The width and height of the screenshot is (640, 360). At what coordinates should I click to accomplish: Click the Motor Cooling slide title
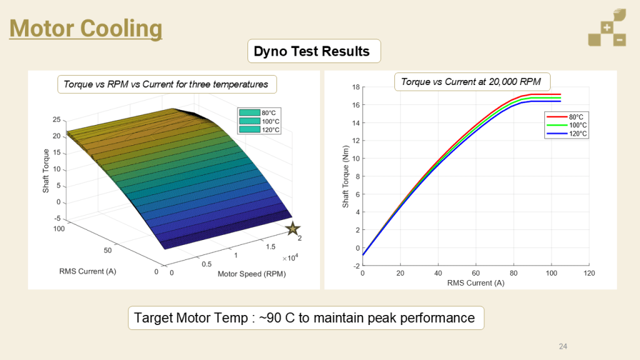[x=86, y=28]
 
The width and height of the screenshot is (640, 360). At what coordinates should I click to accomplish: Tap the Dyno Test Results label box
[x=312, y=51]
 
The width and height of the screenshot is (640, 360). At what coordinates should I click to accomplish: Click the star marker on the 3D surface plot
[x=292, y=229]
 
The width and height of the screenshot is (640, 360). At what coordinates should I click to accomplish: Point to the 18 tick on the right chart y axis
[x=356, y=87]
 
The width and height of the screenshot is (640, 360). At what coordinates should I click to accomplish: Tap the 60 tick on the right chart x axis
[x=476, y=274]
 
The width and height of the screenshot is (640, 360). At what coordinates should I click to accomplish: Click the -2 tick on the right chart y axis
[x=356, y=266]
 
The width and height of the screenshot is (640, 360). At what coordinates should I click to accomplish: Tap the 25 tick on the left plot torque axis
[x=56, y=119]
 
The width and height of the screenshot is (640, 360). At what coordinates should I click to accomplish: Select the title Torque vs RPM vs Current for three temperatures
[x=166, y=84]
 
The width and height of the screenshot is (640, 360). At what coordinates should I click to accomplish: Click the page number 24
[x=562, y=346]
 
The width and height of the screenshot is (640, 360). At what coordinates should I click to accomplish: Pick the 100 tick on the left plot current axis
[x=59, y=229]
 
